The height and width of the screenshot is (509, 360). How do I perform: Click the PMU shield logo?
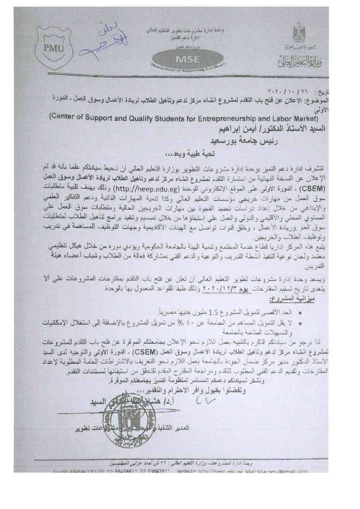[54, 47]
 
